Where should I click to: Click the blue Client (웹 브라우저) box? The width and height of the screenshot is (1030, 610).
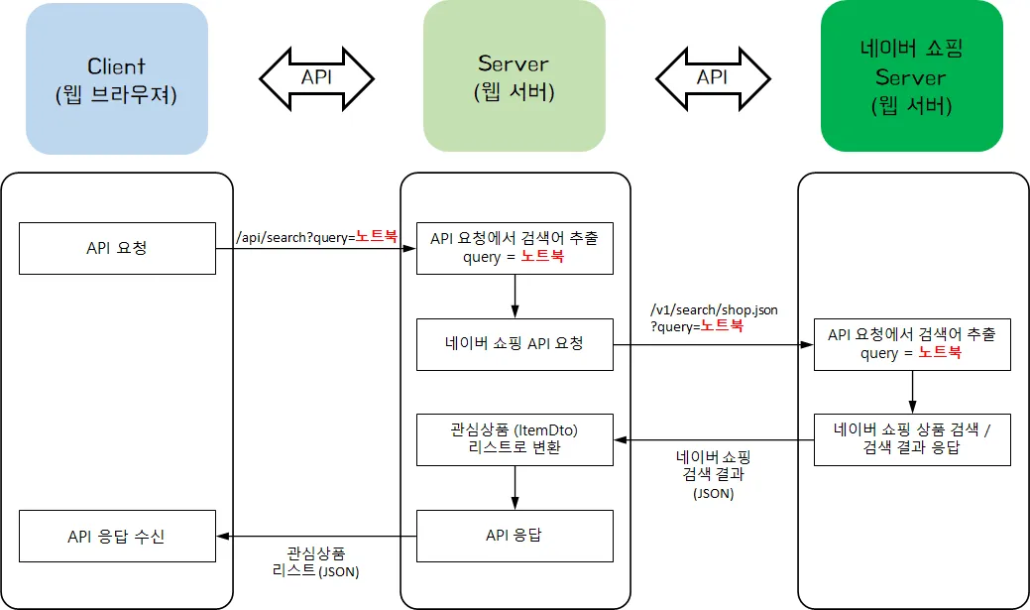[117, 78]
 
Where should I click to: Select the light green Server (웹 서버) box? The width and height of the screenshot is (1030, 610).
[514, 76]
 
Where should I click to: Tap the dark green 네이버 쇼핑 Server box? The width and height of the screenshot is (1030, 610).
[911, 76]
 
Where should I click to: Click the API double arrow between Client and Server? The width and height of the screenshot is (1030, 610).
[316, 77]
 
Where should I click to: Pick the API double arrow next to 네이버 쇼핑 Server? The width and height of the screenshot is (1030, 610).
[713, 77]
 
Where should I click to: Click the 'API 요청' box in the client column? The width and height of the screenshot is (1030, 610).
[117, 248]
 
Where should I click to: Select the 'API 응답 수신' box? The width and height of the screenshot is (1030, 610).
[117, 536]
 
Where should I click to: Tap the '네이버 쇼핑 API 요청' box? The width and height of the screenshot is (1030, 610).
[515, 344]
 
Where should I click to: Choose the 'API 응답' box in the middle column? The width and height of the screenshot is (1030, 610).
[515, 536]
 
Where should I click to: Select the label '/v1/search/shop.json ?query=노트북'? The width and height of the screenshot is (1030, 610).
[713, 317]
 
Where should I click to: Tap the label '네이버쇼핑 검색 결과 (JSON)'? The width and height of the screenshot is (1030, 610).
[713, 473]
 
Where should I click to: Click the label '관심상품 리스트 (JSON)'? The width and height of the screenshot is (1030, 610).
[315, 561]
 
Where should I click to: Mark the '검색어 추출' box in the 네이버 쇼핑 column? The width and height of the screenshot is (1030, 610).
[912, 344]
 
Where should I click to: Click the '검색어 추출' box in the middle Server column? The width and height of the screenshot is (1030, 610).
[515, 248]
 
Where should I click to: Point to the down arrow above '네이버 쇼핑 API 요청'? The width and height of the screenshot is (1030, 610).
[515, 296]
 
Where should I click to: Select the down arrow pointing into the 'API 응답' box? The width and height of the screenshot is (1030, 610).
[515, 487]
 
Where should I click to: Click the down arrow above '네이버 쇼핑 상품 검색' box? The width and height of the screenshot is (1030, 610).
[912, 392]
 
